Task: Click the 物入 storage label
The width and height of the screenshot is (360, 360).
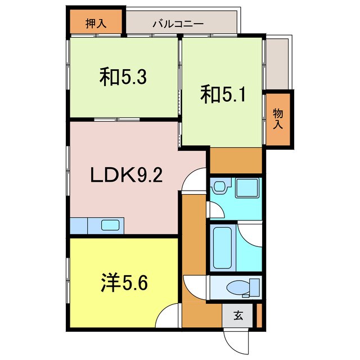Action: tap(278, 119)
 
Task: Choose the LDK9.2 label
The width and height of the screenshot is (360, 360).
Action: tap(127, 176)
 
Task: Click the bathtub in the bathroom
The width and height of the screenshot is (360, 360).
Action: tap(223, 247)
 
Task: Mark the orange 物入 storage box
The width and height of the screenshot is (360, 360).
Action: tap(278, 120)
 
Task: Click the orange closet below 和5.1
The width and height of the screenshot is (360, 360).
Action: tap(236, 160)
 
